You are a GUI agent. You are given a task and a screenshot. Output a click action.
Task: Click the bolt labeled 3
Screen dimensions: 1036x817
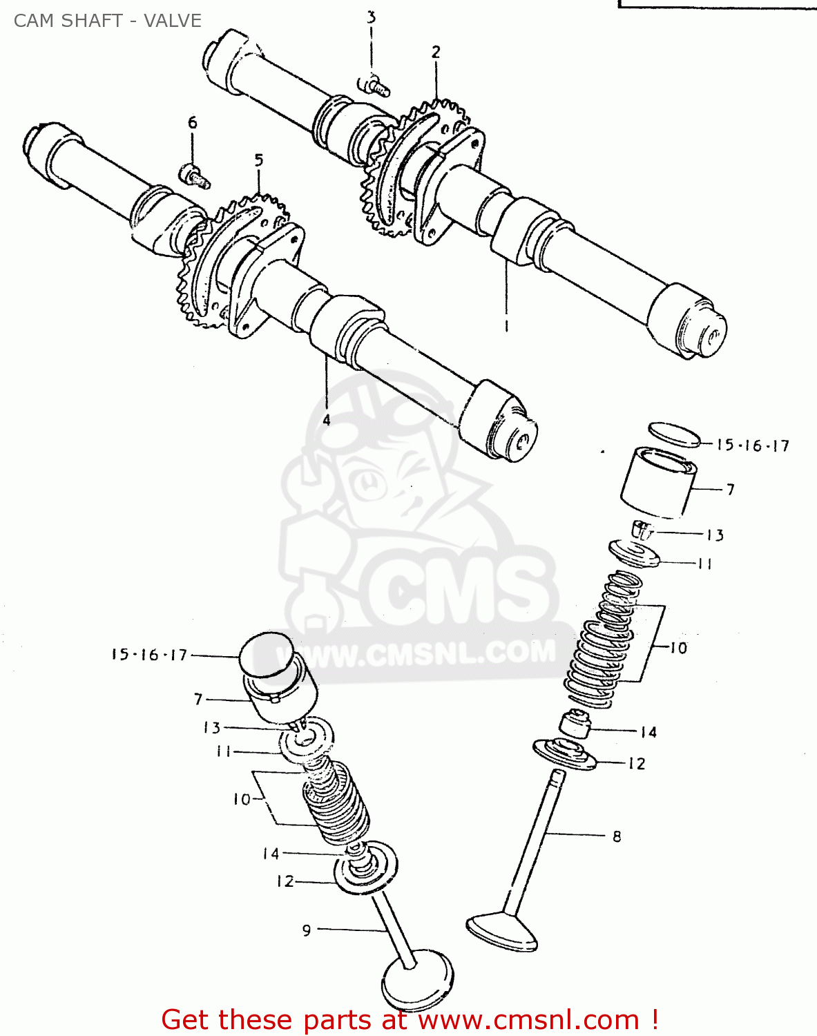(x=375, y=86)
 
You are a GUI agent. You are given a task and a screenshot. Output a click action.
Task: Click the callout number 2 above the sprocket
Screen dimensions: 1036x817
(x=436, y=52)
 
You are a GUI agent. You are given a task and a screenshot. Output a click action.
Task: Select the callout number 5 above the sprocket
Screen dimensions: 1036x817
(x=259, y=161)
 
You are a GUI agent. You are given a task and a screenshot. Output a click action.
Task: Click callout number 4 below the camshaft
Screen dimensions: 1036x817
(x=326, y=419)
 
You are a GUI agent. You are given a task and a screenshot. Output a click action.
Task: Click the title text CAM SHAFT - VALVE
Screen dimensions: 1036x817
(x=108, y=21)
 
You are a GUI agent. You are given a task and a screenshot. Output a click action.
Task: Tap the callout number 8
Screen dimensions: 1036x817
(x=617, y=836)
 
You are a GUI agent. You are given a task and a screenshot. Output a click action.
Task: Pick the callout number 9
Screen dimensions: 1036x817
(x=307, y=930)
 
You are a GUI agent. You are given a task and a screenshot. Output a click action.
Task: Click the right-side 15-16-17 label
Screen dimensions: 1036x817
(x=752, y=445)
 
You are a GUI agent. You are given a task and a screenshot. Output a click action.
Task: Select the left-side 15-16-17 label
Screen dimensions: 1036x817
(x=150, y=654)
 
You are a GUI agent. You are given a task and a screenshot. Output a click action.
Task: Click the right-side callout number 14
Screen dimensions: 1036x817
(x=648, y=732)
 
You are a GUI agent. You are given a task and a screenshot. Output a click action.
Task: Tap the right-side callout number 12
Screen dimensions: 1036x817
(x=636, y=763)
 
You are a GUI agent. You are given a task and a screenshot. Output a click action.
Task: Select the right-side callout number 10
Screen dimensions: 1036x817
(x=678, y=648)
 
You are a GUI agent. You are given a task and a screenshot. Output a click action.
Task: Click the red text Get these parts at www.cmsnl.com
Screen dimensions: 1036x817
(x=409, y=1019)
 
